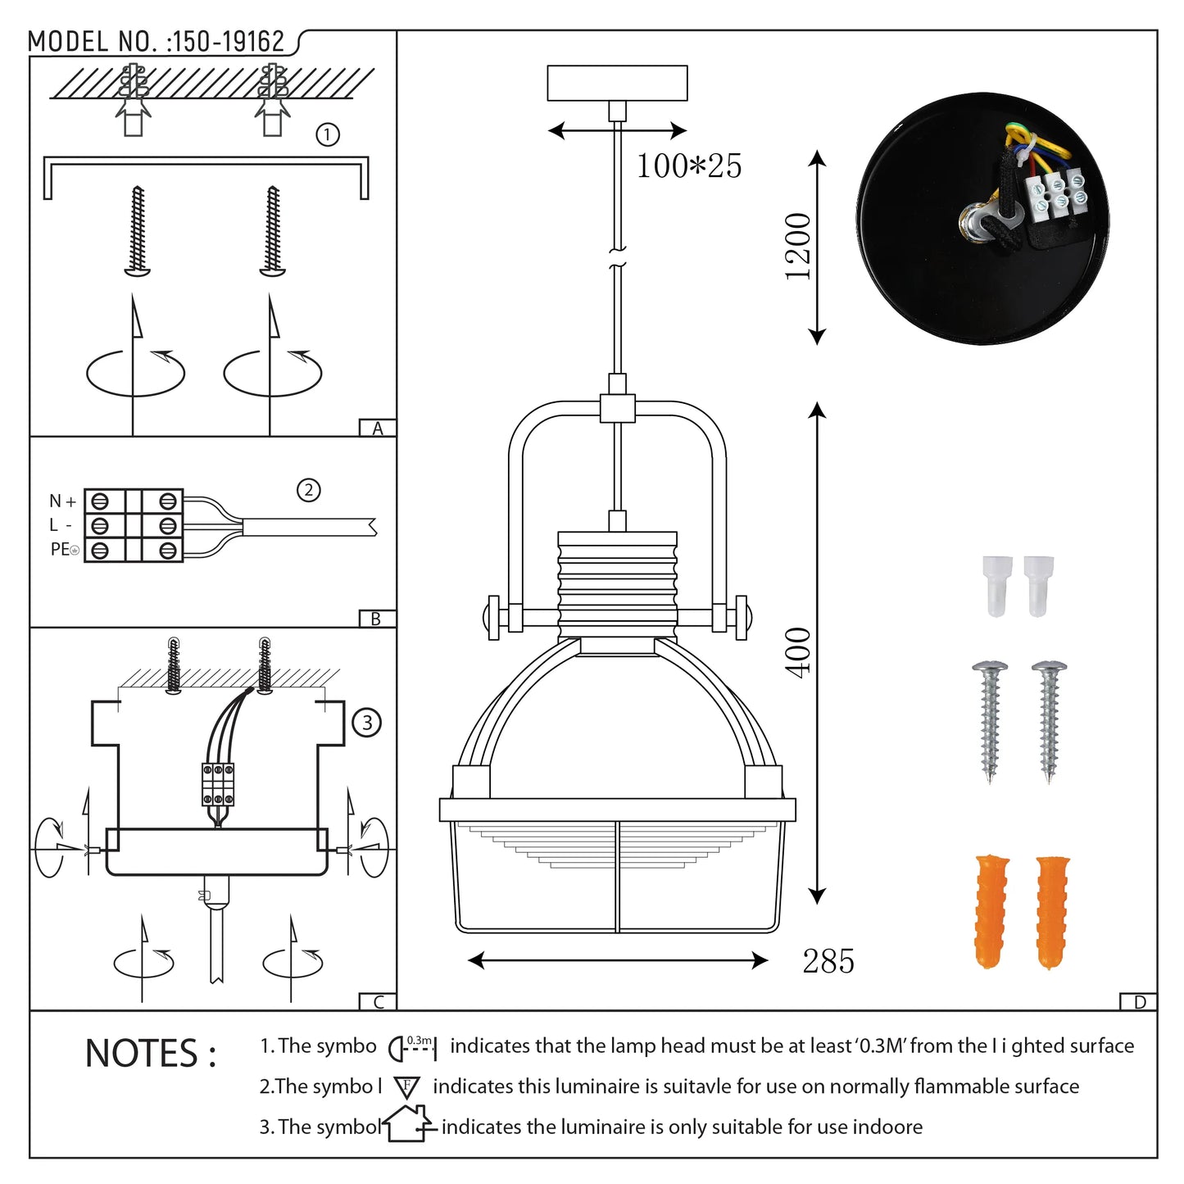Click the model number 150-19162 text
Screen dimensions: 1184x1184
[225, 42]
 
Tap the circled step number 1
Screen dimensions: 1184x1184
[328, 134]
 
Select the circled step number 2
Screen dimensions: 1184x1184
[308, 490]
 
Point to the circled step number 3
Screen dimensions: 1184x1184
[366, 723]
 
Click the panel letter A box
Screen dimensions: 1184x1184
[378, 428]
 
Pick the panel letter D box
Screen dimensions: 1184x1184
[1139, 1001]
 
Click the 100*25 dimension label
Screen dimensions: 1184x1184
[688, 166]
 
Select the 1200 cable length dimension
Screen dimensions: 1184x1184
[797, 247]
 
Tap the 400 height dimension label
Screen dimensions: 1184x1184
[797, 652]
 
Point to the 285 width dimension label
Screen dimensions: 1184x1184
[828, 961]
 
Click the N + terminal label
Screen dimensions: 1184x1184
[62, 501]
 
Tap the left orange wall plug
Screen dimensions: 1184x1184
[991, 911]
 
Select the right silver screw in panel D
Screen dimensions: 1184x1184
[1049, 720]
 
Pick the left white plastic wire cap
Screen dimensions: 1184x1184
[996, 585]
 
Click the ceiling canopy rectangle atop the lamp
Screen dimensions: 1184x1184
[617, 83]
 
